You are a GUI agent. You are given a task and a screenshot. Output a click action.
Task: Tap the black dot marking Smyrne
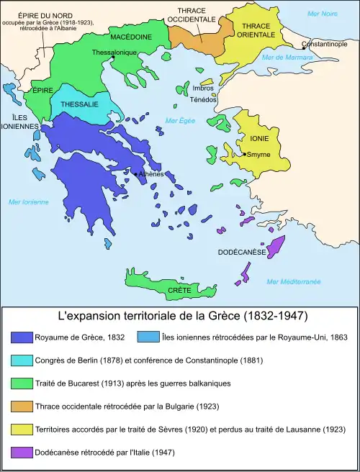click(245, 154)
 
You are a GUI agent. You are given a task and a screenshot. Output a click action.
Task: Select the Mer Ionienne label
click(29, 202)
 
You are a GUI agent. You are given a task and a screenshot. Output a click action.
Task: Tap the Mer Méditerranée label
click(293, 281)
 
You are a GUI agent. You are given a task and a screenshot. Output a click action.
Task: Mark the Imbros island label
click(202, 88)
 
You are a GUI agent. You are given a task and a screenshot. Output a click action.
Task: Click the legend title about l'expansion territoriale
click(179, 316)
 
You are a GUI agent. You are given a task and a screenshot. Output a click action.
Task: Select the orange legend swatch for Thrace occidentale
click(24, 407)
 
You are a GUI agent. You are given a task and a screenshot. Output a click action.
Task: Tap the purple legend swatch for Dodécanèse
click(24, 453)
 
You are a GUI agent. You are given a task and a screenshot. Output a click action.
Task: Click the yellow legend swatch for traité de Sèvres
click(24, 430)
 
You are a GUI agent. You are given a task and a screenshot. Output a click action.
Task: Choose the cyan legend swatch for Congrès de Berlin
click(24, 360)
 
